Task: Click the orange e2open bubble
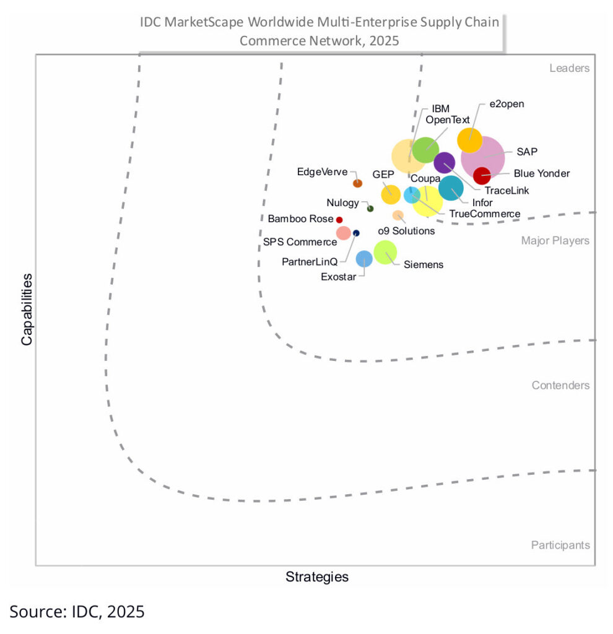[x=469, y=140]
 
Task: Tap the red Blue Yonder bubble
[x=482, y=176]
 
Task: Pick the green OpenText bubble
[x=426, y=149]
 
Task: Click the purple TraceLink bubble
[x=444, y=163]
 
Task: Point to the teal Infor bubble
[x=451, y=188]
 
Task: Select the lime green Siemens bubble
[x=385, y=253]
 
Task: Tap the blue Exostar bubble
[x=364, y=258]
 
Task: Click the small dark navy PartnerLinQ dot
[x=356, y=233]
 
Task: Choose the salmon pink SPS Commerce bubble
[x=344, y=233]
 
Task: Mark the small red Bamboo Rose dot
[x=339, y=219]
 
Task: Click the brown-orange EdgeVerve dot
[x=357, y=183]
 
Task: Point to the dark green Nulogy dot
[x=370, y=209]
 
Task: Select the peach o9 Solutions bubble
[x=398, y=215]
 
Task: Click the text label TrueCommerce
[x=484, y=214]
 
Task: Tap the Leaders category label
[x=569, y=68]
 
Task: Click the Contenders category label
[x=560, y=385]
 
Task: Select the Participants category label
[x=560, y=545]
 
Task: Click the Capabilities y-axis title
[x=27, y=309]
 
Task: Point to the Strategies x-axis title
[x=316, y=577]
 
